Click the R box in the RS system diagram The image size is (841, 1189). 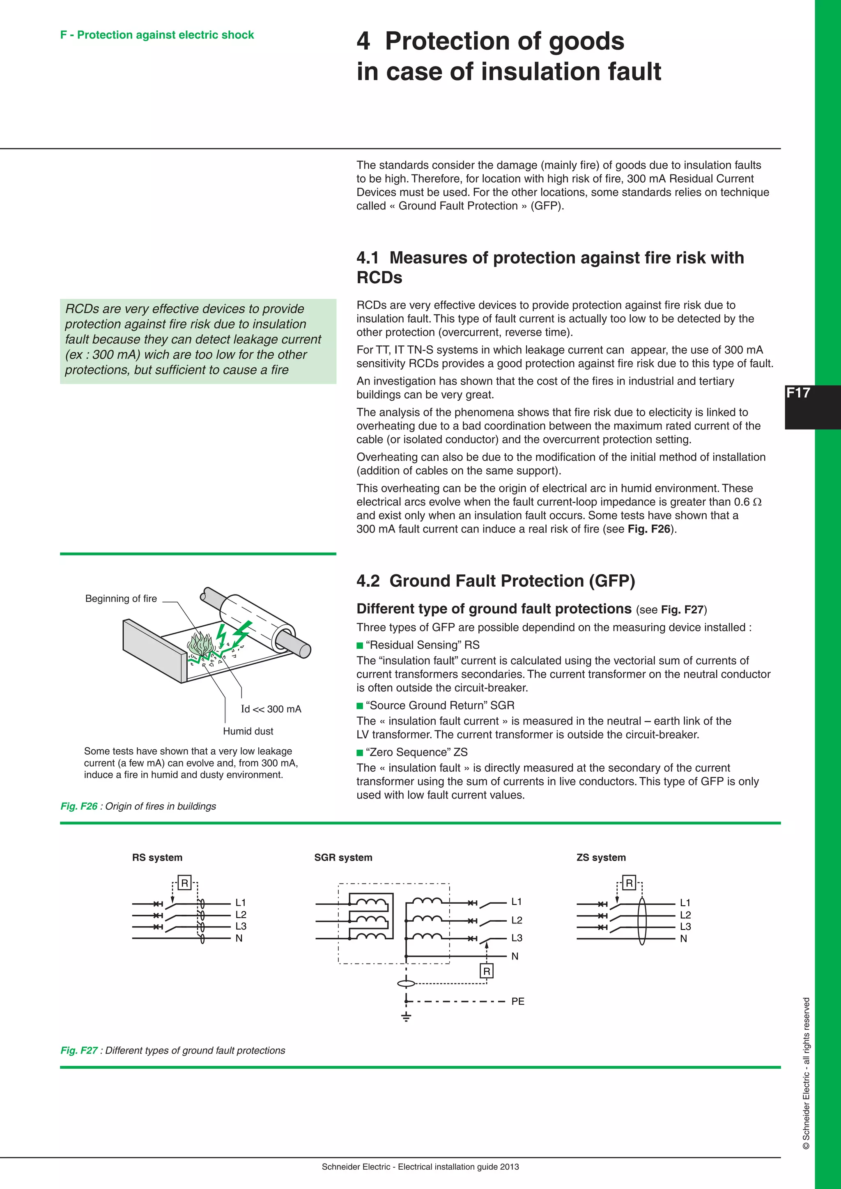click(x=184, y=882)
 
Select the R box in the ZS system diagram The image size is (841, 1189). click(x=629, y=882)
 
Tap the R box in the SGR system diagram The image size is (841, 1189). click(x=486, y=971)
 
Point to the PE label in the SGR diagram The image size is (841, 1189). click(x=517, y=1001)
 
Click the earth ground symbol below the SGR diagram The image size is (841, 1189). click(x=407, y=1016)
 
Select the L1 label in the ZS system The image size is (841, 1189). click(x=685, y=902)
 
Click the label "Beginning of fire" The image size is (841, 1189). click(x=121, y=599)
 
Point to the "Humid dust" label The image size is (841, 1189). click(x=248, y=731)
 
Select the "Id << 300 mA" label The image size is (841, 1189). click(x=271, y=709)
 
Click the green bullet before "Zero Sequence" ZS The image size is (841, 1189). click(x=360, y=753)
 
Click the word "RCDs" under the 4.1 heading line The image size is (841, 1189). click(x=379, y=278)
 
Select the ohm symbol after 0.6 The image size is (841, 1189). click(x=757, y=502)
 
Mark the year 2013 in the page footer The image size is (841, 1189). click(x=510, y=1167)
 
